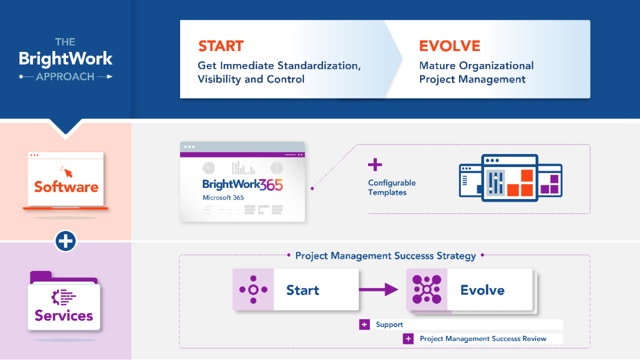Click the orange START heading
click(x=220, y=46)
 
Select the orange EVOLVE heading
click(x=449, y=46)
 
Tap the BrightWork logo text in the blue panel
click(x=65, y=59)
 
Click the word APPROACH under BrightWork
click(x=65, y=76)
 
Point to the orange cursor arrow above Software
click(x=66, y=171)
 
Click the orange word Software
click(x=66, y=187)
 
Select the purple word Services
click(x=64, y=315)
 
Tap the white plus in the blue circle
click(x=65, y=241)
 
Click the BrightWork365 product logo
click(x=242, y=184)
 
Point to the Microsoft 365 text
click(x=223, y=197)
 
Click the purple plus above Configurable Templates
click(x=374, y=165)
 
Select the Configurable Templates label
click(x=391, y=187)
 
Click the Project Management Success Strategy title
click(x=385, y=255)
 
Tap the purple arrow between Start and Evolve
click(x=378, y=289)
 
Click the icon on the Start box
click(x=253, y=289)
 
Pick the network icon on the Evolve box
click(x=426, y=289)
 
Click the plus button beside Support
click(x=364, y=324)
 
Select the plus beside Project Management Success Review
click(x=408, y=338)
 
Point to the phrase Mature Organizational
click(x=476, y=65)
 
